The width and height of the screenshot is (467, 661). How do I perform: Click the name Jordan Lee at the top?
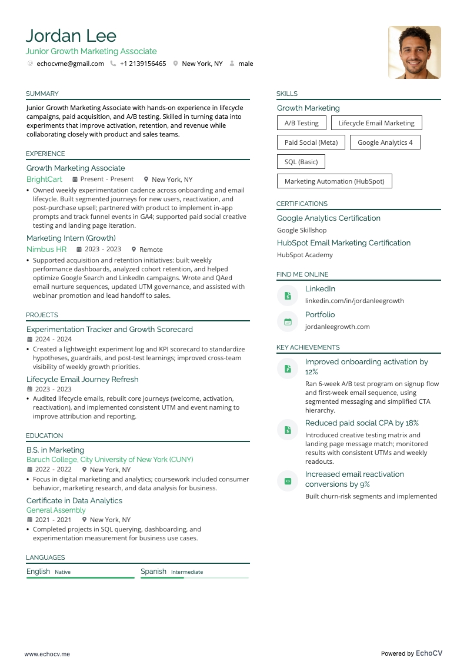click(x=71, y=36)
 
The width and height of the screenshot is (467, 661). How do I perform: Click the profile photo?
click(x=414, y=52)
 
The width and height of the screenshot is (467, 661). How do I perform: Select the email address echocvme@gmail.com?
click(x=70, y=64)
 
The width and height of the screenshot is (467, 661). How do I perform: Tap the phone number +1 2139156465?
click(x=143, y=64)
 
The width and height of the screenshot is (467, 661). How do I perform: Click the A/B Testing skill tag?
click(x=301, y=123)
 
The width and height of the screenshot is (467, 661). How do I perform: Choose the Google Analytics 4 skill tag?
click(x=385, y=142)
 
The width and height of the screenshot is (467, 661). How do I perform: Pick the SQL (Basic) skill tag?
click(x=301, y=162)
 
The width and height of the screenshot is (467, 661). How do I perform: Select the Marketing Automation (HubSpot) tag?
click(x=334, y=181)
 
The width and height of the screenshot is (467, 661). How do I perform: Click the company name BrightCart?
click(x=44, y=179)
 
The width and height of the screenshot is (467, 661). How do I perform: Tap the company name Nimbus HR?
click(x=46, y=249)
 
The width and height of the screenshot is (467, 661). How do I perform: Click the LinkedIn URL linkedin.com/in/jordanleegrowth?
click(x=354, y=301)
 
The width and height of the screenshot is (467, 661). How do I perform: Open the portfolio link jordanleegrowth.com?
click(x=337, y=327)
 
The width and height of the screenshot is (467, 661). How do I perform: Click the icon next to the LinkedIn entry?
click(x=288, y=295)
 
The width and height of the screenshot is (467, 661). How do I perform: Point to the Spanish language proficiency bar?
click(x=194, y=577)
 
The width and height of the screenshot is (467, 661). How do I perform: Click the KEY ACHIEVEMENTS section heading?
click(x=308, y=347)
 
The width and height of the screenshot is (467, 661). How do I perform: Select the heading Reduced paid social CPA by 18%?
click(x=362, y=423)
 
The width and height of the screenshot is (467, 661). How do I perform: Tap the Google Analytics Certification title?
click(x=328, y=218)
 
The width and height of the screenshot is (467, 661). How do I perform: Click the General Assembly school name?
click(x=56, y=510)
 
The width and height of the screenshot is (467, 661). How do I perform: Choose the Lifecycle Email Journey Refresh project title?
click(x=82, y=379)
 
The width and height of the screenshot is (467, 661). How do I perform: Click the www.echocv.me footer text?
click(x=47, y=654)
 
